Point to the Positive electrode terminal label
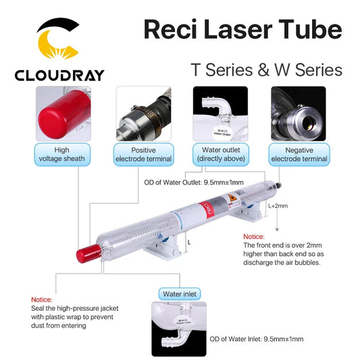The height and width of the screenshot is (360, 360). (x=143, y=154)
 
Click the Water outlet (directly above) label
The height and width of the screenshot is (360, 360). (x=220, y=154)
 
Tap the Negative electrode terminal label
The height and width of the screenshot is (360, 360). (x=299, y=154)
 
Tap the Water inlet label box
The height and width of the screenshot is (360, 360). (x=179, y=294)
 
